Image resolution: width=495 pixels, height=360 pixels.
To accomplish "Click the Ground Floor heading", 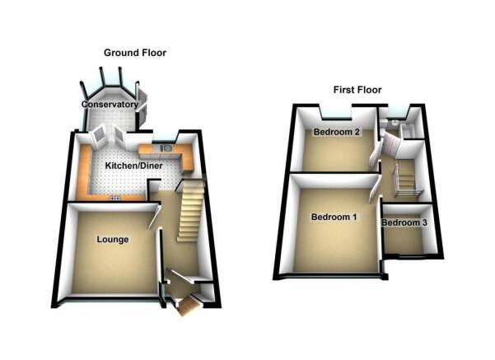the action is click(x=135, y=53).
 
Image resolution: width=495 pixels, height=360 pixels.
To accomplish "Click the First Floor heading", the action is click(x=357, y=90).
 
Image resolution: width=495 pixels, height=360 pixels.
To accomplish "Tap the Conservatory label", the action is click(x=110, y=104).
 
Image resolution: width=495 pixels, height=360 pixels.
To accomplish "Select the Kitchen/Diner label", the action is click(x=134, y=166).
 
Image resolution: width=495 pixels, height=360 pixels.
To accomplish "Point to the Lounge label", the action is click(x=112, y=240).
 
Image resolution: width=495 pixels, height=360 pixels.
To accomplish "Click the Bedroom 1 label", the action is click(x=334, y=217).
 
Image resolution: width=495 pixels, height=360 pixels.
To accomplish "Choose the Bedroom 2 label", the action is click(x=337, y=132).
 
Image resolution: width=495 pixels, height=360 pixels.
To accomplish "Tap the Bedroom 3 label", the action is click(x=404, y=222).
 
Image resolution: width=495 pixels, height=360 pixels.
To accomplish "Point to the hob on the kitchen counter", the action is click(x=114, y=198).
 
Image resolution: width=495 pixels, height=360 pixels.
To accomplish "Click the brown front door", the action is click(x=188, y=306).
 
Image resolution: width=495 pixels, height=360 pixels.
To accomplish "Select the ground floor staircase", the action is click(x=190, y=210).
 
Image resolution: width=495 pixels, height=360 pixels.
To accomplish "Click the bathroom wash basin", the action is click(x=394, y=124).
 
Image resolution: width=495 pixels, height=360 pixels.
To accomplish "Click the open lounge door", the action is click(x=154, y=216).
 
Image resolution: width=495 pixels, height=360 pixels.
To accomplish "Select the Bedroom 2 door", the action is click(x=375, y=156).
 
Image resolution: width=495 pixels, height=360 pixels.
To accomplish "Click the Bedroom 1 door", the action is click(x=375, y=189).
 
